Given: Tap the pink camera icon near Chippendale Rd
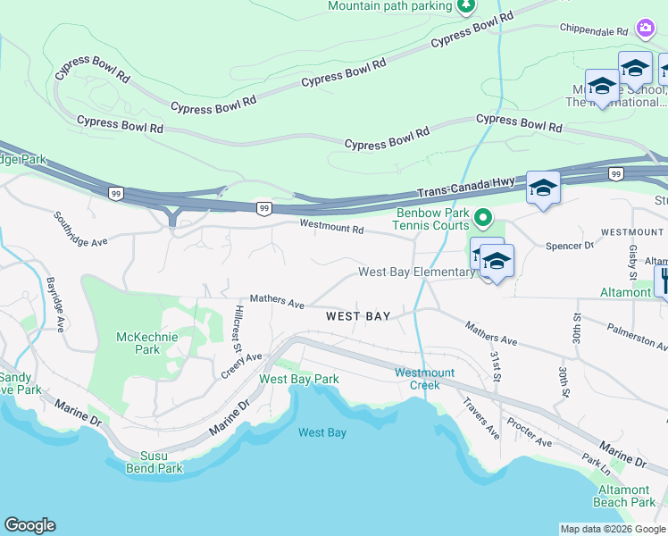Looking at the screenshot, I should point(645,29).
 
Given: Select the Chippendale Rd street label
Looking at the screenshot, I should point(594,30).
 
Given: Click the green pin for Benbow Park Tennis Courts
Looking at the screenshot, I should point(483,217).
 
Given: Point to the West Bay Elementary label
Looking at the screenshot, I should point(415,272).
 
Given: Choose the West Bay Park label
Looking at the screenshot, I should point(298,379).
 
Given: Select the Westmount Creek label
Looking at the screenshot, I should point(425,379).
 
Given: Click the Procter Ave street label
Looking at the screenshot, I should point(529,431).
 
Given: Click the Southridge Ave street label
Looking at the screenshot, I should point(79,229).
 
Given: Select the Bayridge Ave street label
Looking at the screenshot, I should point(56,305).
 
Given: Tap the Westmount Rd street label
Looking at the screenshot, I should point(331,228).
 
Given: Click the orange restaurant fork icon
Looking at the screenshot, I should point(662,281).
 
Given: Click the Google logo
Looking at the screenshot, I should point(29,525).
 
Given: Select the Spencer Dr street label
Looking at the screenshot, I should point(569,245).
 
